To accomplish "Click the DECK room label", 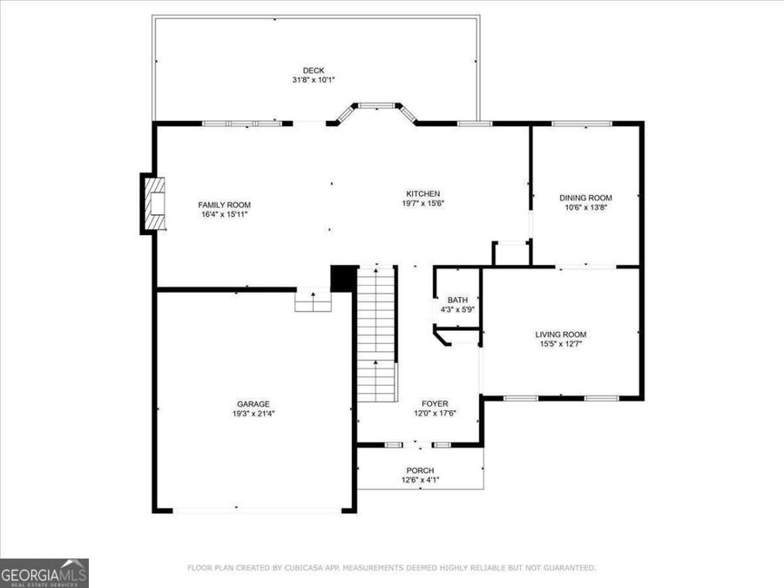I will point(314,71).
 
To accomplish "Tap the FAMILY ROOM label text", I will point(224,205).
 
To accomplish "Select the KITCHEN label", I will point(422,193).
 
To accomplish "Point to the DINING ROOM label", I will point(585,198).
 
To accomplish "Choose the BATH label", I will point(457,300).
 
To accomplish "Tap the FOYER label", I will point(435,403).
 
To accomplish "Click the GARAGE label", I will point(253,403).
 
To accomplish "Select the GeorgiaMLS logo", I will point(44,573).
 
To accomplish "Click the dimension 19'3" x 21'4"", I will point(253,414).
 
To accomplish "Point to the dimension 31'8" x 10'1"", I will point(314,80).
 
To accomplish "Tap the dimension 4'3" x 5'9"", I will point(457,309).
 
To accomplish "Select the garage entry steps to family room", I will point(313,301).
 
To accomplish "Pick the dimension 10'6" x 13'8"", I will point(585,207).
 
